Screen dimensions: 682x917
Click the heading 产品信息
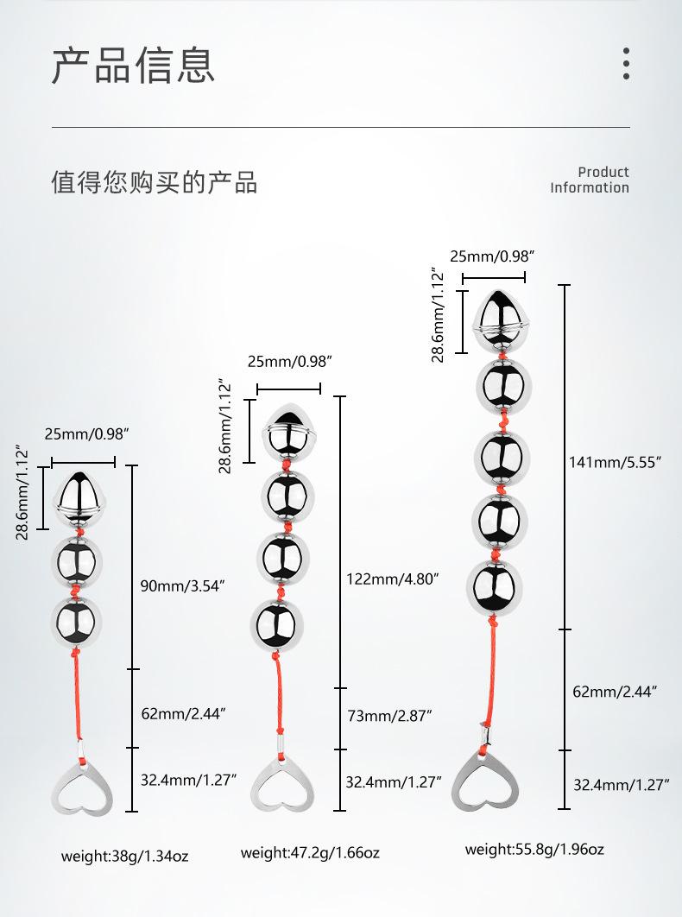tap(133, 66)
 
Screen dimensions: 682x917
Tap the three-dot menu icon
tap(626, 64)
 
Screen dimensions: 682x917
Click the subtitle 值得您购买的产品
tap(155, 182)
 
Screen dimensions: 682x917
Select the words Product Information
tap(590, 180)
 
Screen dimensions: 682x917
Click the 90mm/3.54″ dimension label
tap(182, 587)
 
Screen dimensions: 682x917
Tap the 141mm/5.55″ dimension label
tap(615, 461)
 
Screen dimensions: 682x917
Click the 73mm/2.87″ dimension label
tap(388, 715)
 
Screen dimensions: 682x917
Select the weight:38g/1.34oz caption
tap(124, 857)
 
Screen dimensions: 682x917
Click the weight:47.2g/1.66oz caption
tap(310, 853)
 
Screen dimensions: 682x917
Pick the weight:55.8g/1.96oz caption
tap(534, 849)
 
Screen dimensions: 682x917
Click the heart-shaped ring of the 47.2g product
tap(283, 784)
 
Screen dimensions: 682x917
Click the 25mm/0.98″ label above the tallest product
tap(492, 256)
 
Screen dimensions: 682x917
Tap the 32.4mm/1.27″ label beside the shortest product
tap(188, 781)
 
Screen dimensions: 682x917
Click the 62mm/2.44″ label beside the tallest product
tap(616, 691)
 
